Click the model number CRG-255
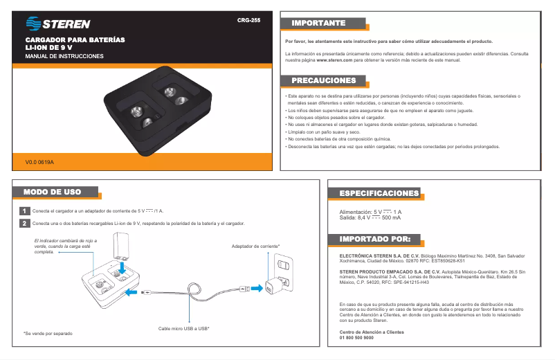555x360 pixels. [x=248, y=21]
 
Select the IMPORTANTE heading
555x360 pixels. [x=318, y=24]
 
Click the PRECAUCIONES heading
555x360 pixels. [x=324, y=80]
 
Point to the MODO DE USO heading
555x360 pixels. [x=52, y=192]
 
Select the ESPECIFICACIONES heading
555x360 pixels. [x=379, y=193]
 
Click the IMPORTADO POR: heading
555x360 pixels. [x=375, y=239]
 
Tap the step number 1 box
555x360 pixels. [x=24, y=210]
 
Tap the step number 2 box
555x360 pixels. [x=24, y=223]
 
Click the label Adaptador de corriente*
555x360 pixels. [x=255, y=246]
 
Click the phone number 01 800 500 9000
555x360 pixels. [x=356, y=338]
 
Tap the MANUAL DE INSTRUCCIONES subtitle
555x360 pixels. [x=64, y=56]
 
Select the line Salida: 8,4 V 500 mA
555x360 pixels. [x=370, y=217]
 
